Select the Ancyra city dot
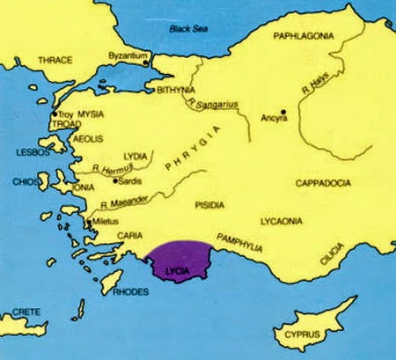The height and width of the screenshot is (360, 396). [x=282, y=113]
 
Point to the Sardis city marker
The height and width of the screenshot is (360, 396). [x=115, y=181]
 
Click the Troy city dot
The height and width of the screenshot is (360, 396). [x=55, y=114]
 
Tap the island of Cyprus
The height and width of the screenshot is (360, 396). [x=312, y=327]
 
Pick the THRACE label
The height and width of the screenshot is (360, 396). [x=55, y=61]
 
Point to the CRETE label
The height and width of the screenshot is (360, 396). [x=26, y=312]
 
